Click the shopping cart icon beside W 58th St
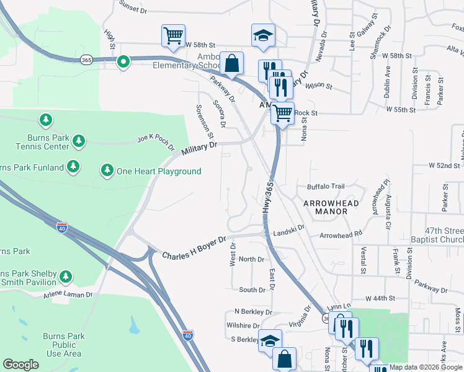point(173,35)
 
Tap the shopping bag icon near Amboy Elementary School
point(231,64)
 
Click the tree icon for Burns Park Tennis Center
point(78,141)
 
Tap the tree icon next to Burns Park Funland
point(74,167)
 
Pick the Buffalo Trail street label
point(325,187)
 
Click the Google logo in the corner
point(20,365)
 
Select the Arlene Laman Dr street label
point(67,295)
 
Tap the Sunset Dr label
point(133,8)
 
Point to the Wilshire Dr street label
point(243,325)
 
